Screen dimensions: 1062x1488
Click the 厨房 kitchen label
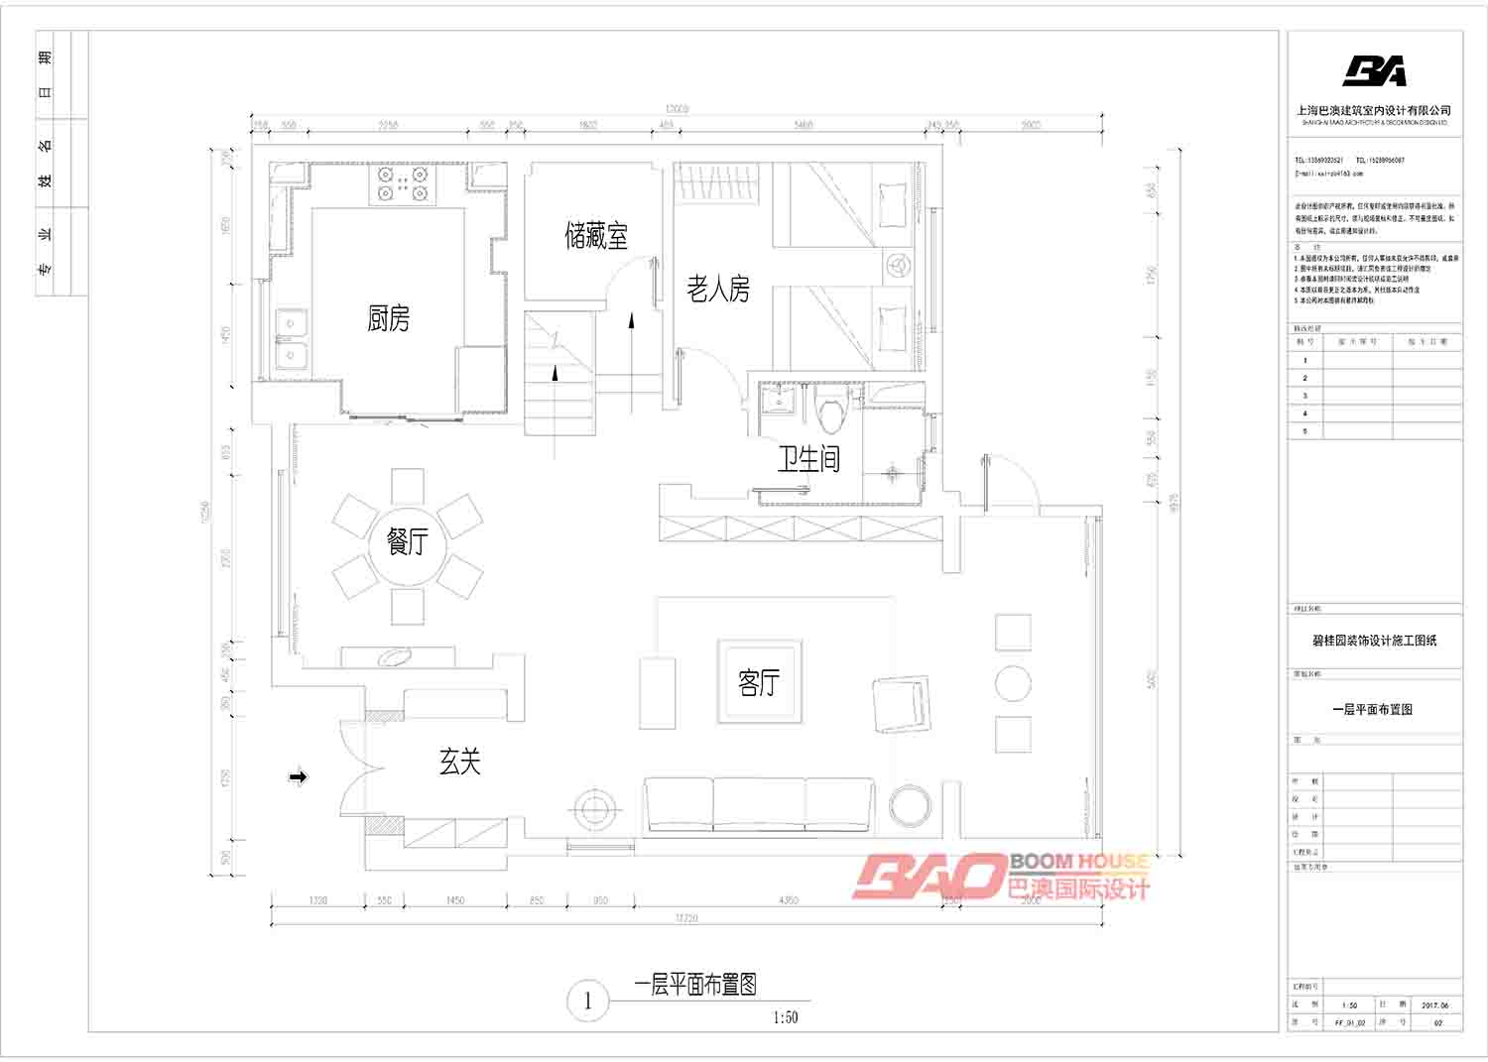(x=388, y=318)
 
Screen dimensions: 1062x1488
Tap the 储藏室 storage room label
(x=596, y=236)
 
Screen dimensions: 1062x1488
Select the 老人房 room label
(x=718, y=289)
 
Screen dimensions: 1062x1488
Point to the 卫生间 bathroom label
(x=808, y=458)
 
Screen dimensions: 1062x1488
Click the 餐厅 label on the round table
(x=407, y=541)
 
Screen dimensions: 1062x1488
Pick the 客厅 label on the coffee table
(x=759, y=682)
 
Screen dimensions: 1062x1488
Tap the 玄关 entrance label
(x=460, y=762)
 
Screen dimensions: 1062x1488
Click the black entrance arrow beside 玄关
(x=298, y=777)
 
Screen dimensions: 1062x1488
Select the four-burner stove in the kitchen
(x=403, y=183)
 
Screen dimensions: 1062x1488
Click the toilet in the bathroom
(x=831, y=410)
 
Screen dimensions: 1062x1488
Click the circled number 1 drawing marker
(x=587, y=1001)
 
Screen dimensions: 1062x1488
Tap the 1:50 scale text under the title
(x=785, y=1017)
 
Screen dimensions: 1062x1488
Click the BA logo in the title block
(x=1374, y=71)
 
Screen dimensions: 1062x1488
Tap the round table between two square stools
(x=1013, y=683)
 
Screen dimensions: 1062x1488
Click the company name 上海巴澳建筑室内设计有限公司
(x=1374, y=110)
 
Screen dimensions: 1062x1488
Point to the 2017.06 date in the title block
(x=1434, y=1004)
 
